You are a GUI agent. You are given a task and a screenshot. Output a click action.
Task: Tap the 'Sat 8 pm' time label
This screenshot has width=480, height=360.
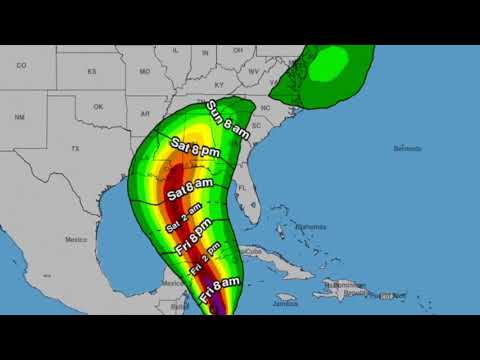click(x=195, y=150)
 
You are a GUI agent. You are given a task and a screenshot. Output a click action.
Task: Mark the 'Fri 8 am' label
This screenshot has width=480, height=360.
click(x=218, y=291)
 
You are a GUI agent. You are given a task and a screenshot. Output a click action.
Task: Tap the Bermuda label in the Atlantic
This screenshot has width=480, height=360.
click(x=407, y=149)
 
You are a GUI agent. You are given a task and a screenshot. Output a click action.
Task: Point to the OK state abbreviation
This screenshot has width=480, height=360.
click(x=97, y=106)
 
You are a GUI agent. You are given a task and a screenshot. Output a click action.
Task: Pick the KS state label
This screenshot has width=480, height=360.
click(x=92, y=72)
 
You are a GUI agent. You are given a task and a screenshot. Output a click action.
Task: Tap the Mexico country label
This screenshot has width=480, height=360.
click(x=76, y=240)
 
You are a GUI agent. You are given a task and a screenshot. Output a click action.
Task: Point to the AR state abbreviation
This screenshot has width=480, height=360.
click(x=147, y=113)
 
